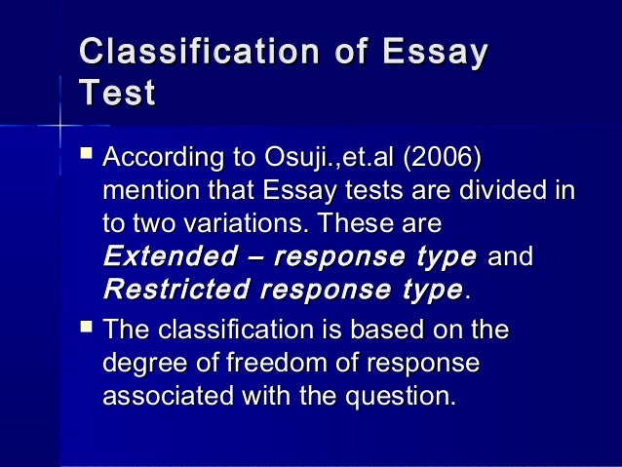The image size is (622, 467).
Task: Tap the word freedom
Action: coord(262,363)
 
